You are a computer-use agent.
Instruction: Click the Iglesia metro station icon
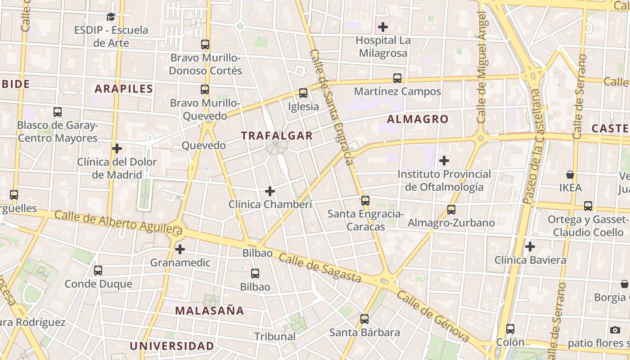coord(303,93)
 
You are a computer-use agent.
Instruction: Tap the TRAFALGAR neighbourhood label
coord(276,135)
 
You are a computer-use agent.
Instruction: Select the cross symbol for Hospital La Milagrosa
coord(383,27)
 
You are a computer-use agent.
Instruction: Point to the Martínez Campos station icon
coord(397,78)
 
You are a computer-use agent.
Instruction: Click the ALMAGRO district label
coord(418,119)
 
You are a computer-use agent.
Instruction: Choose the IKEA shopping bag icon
coord(570,174)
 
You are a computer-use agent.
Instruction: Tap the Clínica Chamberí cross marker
coord(270,191)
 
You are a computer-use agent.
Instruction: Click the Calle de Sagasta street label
coord(320,268)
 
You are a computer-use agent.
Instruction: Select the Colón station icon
coord(510,329)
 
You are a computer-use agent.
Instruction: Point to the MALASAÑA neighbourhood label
coord(210,310)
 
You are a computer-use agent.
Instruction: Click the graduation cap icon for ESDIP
coord(111,17)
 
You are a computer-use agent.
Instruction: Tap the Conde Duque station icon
coord(98,270)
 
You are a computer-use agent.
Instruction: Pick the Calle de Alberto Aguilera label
coord(119,223)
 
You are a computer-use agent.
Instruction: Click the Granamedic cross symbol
coord(180,249)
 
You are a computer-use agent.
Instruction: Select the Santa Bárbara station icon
coord(364,319)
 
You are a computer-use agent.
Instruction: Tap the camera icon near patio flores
coord(615,330)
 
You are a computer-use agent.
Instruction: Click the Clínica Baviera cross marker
coord(530,247)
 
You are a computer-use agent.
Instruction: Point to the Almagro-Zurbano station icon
coord(451,209)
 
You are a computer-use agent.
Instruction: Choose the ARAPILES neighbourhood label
coord(124,89)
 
